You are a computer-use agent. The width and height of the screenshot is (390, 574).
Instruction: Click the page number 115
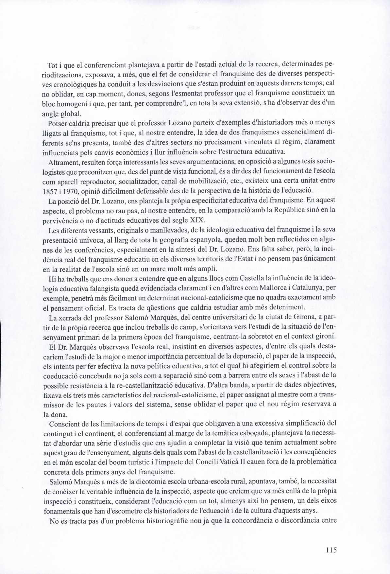tap(331, 550)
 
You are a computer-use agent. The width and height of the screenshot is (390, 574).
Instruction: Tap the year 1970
tap(70, 190)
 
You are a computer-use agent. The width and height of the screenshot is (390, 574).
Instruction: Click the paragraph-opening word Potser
tap(57, 124)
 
